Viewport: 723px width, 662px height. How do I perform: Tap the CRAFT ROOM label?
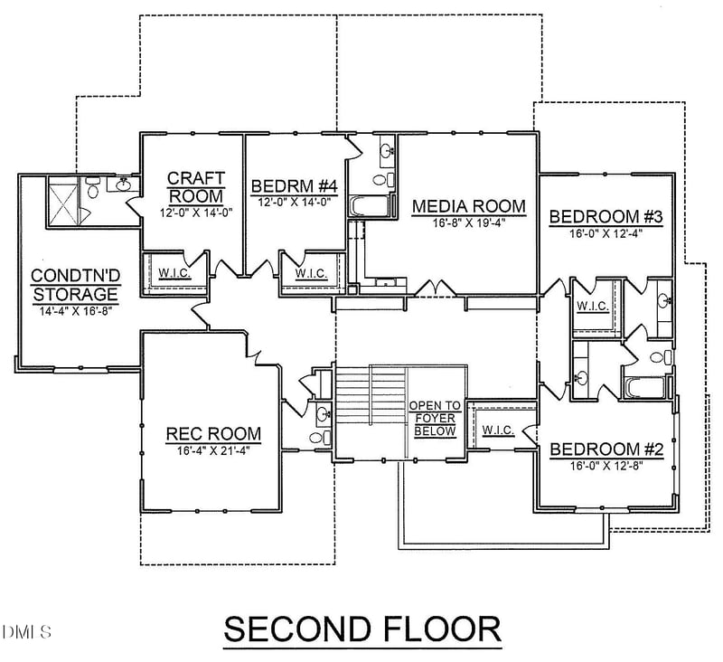tap(195, 186)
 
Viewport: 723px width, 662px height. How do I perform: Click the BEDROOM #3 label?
tap(606, 217)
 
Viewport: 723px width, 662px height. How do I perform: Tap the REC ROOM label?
tap(213, 434)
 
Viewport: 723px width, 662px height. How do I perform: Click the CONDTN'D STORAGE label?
tap(75, 285)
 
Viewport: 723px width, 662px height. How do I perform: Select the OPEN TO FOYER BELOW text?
tap(435, 419)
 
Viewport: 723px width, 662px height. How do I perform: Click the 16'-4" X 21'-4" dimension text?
tap(213, 449)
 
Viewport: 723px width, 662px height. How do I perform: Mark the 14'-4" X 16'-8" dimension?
tap(75, 309)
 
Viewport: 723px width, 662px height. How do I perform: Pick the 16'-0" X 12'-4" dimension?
tap(606, 232)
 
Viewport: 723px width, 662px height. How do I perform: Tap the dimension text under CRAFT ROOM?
tap(195, 213)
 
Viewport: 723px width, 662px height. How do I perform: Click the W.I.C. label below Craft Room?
tap(174, 273)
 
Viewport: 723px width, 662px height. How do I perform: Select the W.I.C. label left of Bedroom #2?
tap(498, 430)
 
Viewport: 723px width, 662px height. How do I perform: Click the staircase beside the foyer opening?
tap(371, 411)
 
